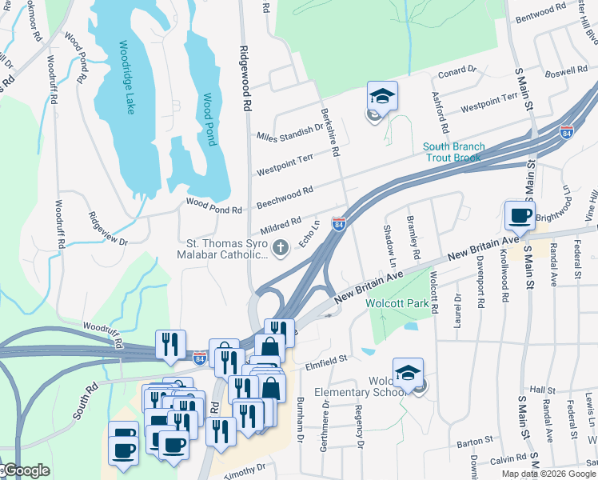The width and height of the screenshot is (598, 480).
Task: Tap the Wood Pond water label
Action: coord(209,120)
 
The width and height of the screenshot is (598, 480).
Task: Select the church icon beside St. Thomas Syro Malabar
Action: coord(280,248)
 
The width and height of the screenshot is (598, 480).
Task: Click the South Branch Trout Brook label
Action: coord(452,152)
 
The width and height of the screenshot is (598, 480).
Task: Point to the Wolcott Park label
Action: coord(397,304)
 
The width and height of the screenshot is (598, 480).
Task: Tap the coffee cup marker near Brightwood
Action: coord(520,215)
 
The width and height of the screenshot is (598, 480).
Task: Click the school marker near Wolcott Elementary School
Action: coord(409,373)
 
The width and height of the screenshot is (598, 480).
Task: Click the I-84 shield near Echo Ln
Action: coord(339,225)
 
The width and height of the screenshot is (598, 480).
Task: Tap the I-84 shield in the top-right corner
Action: coord(567,133)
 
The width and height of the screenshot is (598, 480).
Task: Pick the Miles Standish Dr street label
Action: coord(289,132)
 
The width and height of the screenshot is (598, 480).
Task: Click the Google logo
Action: coord(27,470)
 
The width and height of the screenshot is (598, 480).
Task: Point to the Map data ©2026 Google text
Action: coord(548,474)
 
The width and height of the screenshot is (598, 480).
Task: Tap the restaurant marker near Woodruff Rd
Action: coord(171,344)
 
